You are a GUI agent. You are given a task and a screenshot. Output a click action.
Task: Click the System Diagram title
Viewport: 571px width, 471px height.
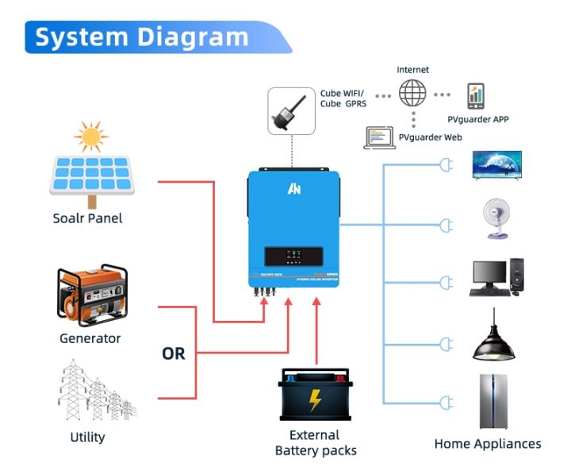(141, 37)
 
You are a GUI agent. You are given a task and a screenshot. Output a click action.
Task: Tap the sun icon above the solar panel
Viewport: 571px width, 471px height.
(90, 137)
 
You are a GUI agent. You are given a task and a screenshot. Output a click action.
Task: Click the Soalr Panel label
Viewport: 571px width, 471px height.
(87, 218)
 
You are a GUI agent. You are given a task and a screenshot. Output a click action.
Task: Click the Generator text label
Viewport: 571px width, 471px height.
(90, 338)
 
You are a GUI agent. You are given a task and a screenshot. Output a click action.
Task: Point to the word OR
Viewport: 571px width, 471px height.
(173, 353)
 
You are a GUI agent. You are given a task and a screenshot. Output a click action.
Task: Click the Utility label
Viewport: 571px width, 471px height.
(87, 437)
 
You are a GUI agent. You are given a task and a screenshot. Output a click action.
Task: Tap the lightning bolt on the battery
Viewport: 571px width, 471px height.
(315, 400)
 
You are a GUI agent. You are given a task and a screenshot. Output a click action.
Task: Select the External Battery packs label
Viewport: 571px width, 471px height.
(315, 443)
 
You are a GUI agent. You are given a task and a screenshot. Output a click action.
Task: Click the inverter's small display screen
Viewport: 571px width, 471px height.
(293, 257)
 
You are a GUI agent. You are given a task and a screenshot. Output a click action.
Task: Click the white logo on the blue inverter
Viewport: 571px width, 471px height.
(293, 189)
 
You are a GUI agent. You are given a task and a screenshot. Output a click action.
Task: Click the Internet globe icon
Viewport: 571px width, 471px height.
(412, 94)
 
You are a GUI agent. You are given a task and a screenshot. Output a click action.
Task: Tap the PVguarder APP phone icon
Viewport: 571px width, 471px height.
(476, 96)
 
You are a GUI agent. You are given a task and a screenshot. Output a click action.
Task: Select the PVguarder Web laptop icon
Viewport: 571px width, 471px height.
(380, 137)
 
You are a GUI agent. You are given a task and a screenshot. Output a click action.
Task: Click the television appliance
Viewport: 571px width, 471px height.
(496, 164)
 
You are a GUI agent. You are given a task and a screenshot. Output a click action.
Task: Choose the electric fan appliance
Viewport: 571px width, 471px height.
(496, 219)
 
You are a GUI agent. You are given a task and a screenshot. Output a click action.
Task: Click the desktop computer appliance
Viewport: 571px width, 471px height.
(496, 278)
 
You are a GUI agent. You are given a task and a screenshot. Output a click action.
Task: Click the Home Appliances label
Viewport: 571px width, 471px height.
(487, 444)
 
